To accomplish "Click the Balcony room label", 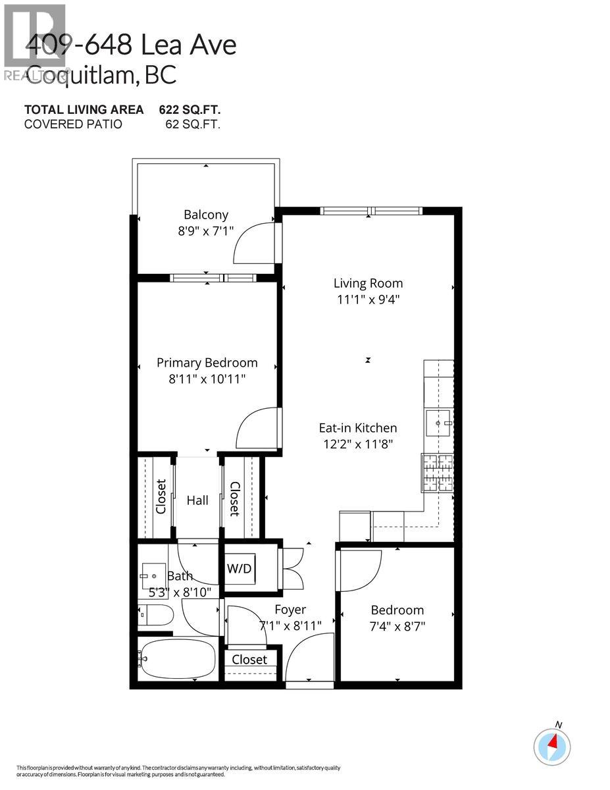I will [x=206, y=215].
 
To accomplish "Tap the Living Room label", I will [x=368, y=284].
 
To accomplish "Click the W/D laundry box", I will [x=240, y=567].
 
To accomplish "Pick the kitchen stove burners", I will [x=437, y=473].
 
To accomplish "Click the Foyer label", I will [x=290, y=610].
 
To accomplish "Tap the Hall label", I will [x=197, y=501].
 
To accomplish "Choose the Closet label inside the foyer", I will [x=249, y=660].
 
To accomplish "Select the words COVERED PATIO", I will [x=73, y=123].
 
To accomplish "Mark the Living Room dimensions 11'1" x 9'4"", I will [x=368, y=300].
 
